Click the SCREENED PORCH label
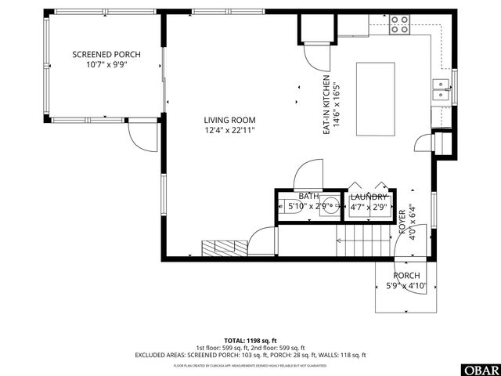pyautogui.click(x=106, y=54)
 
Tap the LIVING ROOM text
pyautogui.click(x=229, y=118)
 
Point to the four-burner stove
pyautogui.click(x=400, y=25)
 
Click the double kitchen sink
pyautogui.click(x=441, y=92)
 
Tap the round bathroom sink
pyautogui.click(x=331, y=207)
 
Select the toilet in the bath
pyautogui.click(x=282, y=207)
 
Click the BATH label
pyautogui.click(x=308, y=196)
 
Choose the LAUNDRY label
pyautogui.click(x=368, y=197)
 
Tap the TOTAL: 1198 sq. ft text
pyautogui.click(x=250, y=339)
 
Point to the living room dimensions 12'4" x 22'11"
pyautogui.click(x=229, y=129)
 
